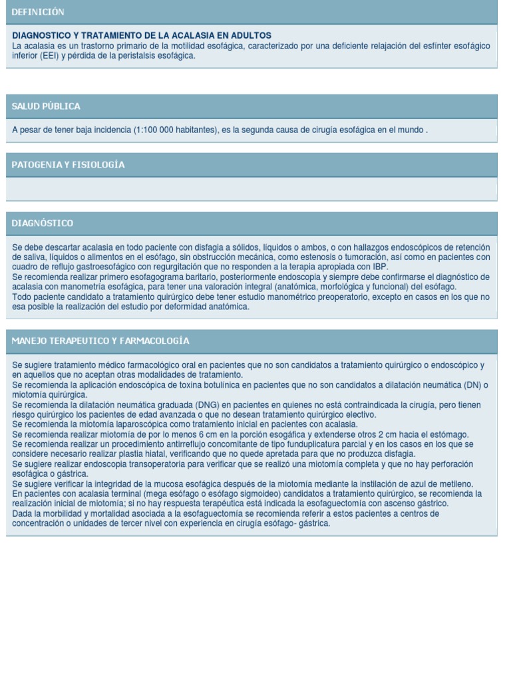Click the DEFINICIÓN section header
click(x=38, y=12)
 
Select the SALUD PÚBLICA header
click(x=46, y=106)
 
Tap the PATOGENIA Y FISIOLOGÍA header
click(x=68, y=164)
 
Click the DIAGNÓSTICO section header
click(x=43, y=223)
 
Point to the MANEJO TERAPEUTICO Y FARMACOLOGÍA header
click(x=100, y=340)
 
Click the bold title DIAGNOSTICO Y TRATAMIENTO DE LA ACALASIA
click(x=142, y=35)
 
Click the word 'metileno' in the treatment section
click(x=454, y=483)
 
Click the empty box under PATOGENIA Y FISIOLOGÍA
click(x=252, y=189)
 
